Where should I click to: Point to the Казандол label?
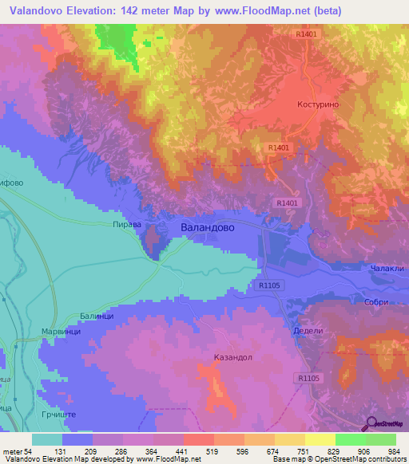233,357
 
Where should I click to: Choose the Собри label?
379,302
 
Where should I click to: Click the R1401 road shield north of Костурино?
306,34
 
